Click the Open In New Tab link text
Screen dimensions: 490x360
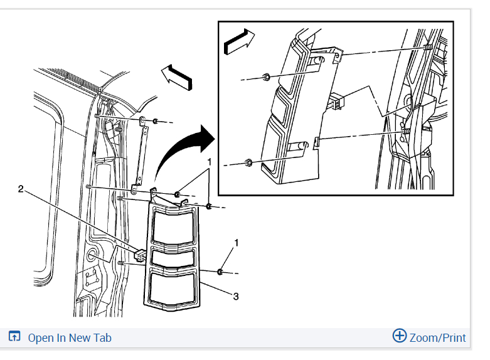70,338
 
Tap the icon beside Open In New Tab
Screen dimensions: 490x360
14,336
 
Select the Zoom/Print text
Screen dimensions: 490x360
437,338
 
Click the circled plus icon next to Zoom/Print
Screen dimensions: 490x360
400,336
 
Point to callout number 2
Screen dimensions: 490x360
21,189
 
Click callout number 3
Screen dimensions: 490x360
236,296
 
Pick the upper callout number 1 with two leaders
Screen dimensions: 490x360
210,162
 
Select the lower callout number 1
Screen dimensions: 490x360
237,243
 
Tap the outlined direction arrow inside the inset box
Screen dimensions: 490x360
239,42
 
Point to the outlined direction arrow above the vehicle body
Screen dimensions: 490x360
177,77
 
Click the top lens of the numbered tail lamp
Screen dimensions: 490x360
174,228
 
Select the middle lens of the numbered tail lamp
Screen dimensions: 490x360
173,257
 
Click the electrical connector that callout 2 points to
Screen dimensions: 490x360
140,255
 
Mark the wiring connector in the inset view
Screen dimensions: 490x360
337,102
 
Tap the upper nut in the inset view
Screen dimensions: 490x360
266,77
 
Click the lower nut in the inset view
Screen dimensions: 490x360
248,162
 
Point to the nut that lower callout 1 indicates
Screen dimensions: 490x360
220,272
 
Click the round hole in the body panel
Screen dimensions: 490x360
92,255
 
